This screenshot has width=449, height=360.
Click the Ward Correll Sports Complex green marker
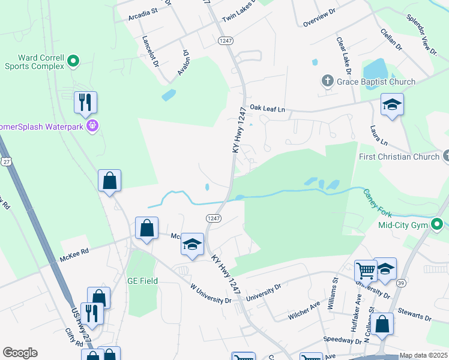[74, 60]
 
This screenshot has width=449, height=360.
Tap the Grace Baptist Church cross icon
[328, 81]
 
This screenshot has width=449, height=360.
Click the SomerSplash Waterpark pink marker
[92, 125]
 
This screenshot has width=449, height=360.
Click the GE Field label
[142, 281]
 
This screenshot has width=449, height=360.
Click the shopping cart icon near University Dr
[366, 270]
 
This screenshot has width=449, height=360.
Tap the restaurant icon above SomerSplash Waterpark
[85, 103]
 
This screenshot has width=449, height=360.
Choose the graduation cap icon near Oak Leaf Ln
[392, 105]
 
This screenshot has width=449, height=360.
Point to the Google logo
[20, 353]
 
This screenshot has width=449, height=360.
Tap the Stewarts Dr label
[415, 316]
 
